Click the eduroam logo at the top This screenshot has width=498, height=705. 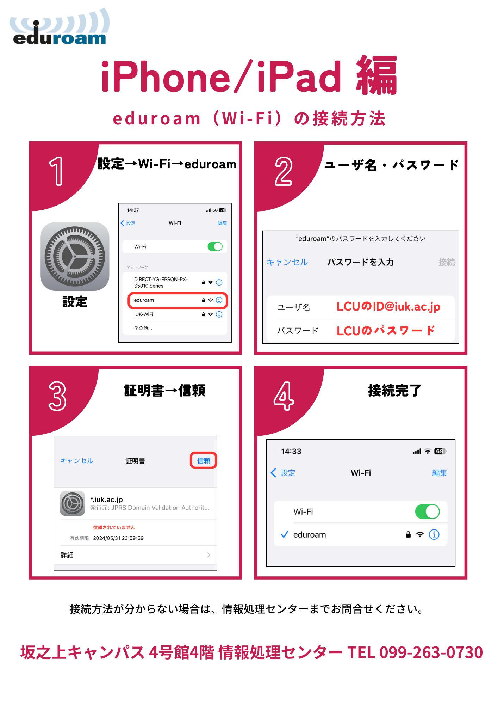(x=60, y=27)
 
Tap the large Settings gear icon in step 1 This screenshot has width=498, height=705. (x=75, y=256)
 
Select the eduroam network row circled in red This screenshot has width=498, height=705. (x=178, y=300)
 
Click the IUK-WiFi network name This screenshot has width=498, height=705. (x=143, y=314)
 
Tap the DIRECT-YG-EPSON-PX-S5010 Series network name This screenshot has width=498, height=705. (x=161, y=282)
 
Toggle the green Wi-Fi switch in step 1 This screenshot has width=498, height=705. (x=215, y=246)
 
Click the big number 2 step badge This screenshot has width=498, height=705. (x=284, y=171)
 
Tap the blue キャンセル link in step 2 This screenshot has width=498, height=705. (x=287, y=262)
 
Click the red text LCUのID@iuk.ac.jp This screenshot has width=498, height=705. (x=388, y=307)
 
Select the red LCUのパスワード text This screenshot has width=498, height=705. (x=386, y=331)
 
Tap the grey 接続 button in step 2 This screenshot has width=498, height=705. (x=447, y=262)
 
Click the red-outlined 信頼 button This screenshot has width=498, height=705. (x=204, y=460)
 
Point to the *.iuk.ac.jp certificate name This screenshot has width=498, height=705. (x=106, y=499)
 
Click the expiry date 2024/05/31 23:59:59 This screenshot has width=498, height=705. (x=118, y=538)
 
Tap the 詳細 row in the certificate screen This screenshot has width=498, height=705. (x=136, y=555)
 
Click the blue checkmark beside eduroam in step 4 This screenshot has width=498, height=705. (x=285, y=535)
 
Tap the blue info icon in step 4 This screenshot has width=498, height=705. (x=434, y=535)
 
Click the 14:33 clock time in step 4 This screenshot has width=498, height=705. (x=291, y=452)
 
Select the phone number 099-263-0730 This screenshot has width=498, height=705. (x=431, y=652)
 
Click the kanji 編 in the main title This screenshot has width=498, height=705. (x=377, y=75)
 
